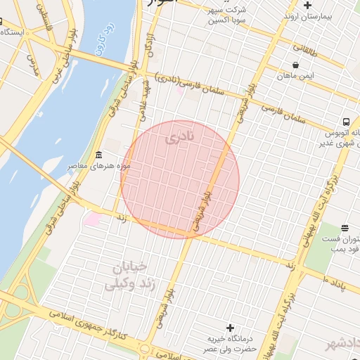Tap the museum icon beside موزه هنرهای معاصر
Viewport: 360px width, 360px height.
tap(98, 155)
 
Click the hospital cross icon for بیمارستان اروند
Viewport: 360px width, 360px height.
tap(307, 5)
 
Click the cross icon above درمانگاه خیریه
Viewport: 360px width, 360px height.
tap(230, 328)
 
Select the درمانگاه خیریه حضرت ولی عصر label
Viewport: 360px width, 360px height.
tap(230, 344)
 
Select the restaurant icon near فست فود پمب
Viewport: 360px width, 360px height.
tap(345, 228)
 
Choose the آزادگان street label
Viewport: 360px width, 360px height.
tap(149, 44)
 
